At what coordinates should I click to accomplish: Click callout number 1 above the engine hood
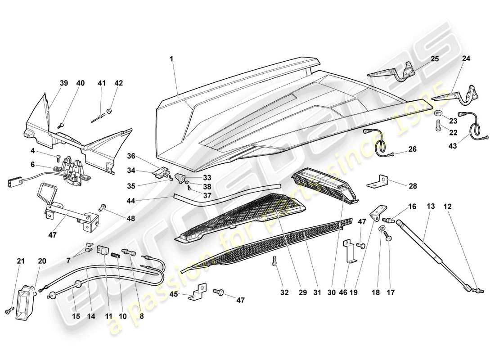tap(171, 59)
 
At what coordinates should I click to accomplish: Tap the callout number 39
tap(63, 83)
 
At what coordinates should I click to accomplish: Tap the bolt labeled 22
tap(439, 126)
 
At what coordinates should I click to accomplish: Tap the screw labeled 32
tap(274, 264)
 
